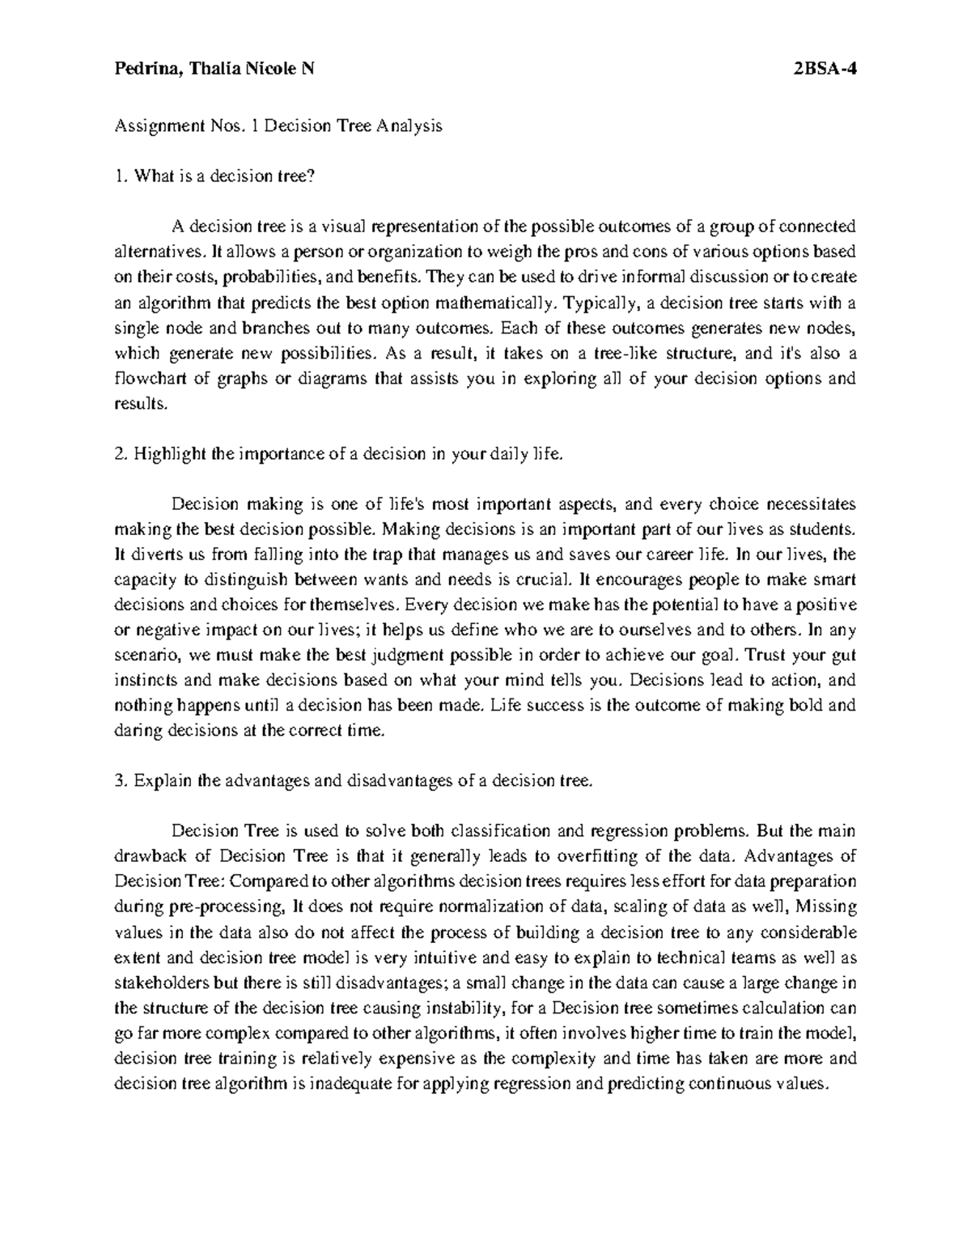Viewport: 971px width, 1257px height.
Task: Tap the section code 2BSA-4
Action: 825,70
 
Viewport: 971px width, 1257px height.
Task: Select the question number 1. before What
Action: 121,176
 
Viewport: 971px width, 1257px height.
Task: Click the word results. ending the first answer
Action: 139,404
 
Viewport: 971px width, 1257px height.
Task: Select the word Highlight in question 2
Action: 168,454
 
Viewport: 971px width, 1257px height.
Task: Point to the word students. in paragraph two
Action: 824,529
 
